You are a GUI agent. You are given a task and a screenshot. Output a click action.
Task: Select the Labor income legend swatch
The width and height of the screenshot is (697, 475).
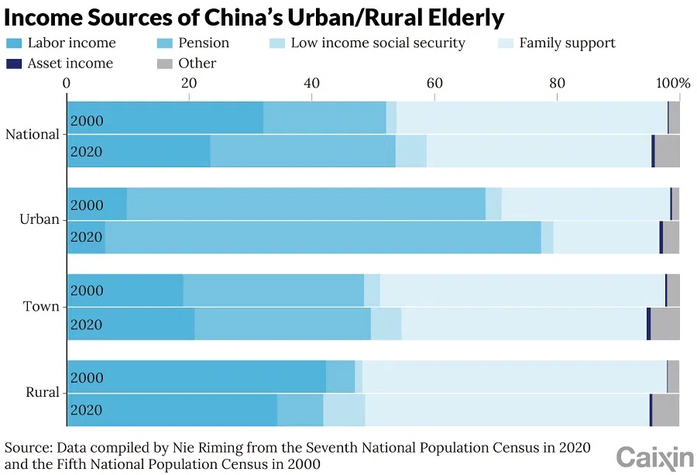[x=15, y=43]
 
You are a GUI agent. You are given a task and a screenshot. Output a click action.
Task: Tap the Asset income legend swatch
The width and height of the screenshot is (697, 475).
[x=15, y=64]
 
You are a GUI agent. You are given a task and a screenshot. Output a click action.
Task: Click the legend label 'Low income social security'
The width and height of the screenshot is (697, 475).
[x=378, y=43]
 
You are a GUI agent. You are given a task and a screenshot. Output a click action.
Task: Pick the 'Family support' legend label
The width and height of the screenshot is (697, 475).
[x=567, y=43]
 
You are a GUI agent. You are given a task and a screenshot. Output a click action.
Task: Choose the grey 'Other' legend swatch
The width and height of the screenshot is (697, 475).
[x=165, y=64]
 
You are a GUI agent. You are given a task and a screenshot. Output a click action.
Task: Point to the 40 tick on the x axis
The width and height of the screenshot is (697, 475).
[x=311, y=83]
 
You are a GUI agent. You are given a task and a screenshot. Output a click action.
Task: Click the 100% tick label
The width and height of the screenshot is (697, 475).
[x=673, y=83]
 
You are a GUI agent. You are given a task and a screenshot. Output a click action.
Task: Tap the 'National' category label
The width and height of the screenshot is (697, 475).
[x=33, y=135]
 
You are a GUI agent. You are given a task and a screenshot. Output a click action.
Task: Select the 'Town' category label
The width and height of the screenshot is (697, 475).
[x=41, y=307]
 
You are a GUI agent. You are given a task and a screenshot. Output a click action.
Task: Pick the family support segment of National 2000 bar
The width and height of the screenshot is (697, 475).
[x=531, y=118]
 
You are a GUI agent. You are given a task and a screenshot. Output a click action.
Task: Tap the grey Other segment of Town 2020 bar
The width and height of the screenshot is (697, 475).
[x=664, y=324]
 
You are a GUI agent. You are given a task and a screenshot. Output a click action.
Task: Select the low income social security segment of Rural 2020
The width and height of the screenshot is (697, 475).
[x=344, y=410]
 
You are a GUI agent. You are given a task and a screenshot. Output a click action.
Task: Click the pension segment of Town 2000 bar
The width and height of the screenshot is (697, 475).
[x=273, y=291]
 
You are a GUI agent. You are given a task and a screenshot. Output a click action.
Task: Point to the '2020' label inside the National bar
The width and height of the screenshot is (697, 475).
[x=86, y=152]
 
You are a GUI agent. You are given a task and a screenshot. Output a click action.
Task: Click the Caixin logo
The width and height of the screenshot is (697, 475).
[x=654, y=457]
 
